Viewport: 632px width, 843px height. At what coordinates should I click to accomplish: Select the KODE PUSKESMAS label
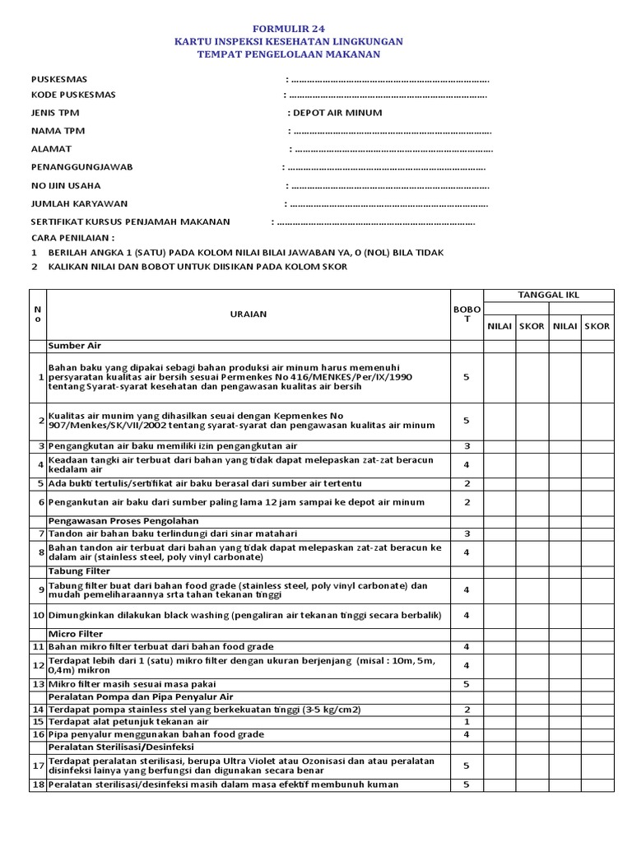pyautogui.click(x=73, y=95)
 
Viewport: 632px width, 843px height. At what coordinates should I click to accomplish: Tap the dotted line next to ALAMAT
pyautogui.click(x=392, y=149)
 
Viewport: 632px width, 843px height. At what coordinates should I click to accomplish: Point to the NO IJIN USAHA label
pyautogui.click(x=69, y=185)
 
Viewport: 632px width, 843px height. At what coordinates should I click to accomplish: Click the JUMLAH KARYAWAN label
pyautogui.click(x=79, y=203)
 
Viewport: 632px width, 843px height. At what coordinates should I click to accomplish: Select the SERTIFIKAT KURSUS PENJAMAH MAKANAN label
pyautogui.click(x=131, y=221)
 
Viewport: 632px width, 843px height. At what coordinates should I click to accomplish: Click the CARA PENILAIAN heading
pyautogui.click(x=72, y=236)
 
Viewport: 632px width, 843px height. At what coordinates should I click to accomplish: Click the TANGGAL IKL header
pyautogui.click(x=548, y=296)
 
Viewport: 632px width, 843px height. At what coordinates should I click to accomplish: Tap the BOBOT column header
pyautogui.click(x=466, y=314)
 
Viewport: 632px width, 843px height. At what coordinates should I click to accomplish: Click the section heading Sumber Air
pyautogui.click(x=75, y=346)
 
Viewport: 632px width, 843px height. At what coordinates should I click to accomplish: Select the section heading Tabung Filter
pyautogui.click(x=77, y=571)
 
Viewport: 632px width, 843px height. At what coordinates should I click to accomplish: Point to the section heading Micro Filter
pyautogui.click(x=74, y=634)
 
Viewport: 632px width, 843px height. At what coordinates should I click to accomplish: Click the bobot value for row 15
pyautogui.click(x=466, y=721)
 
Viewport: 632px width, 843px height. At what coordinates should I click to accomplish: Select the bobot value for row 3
pyautogui.click(x=466, y=446)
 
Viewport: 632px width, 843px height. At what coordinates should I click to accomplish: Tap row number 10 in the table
pyautogui.click(x=38, y=615)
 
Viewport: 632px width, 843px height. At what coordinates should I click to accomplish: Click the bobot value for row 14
pyautogui.click(x=466, y=709)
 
